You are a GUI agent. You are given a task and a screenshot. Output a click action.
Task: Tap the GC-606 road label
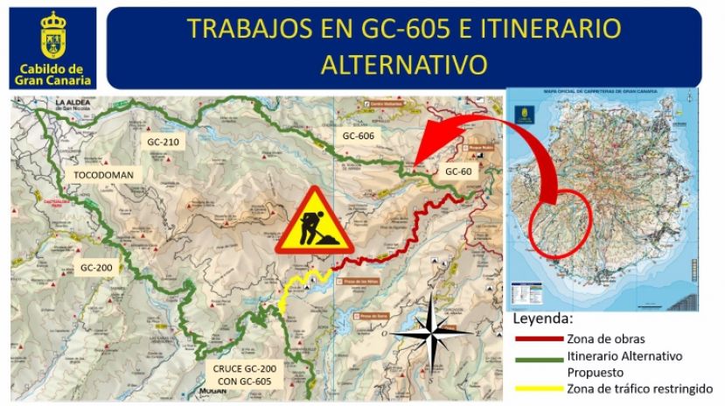point(359,136)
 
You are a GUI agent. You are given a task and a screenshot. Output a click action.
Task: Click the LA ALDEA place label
point(78,102)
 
